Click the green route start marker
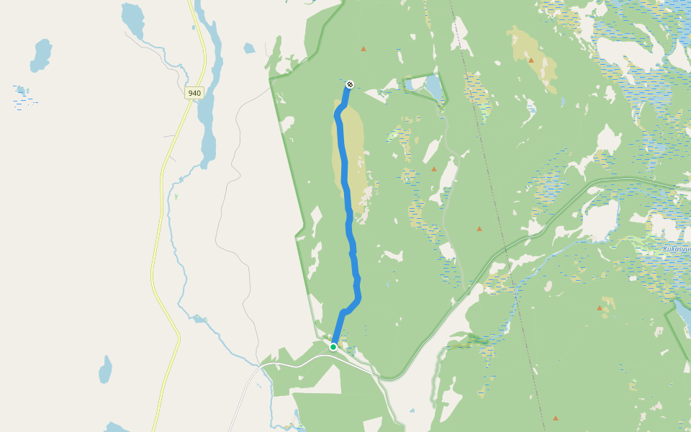click(333, 347)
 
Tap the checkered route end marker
click(350, 84)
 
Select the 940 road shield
click(194, 93)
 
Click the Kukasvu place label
click(677, 249)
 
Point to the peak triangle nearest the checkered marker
click(363, 49)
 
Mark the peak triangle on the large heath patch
click(531, 60)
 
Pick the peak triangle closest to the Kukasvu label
click(599, 308)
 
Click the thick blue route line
click(348, 202)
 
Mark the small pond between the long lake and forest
click(249, 48)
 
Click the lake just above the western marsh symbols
click(40, 54)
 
